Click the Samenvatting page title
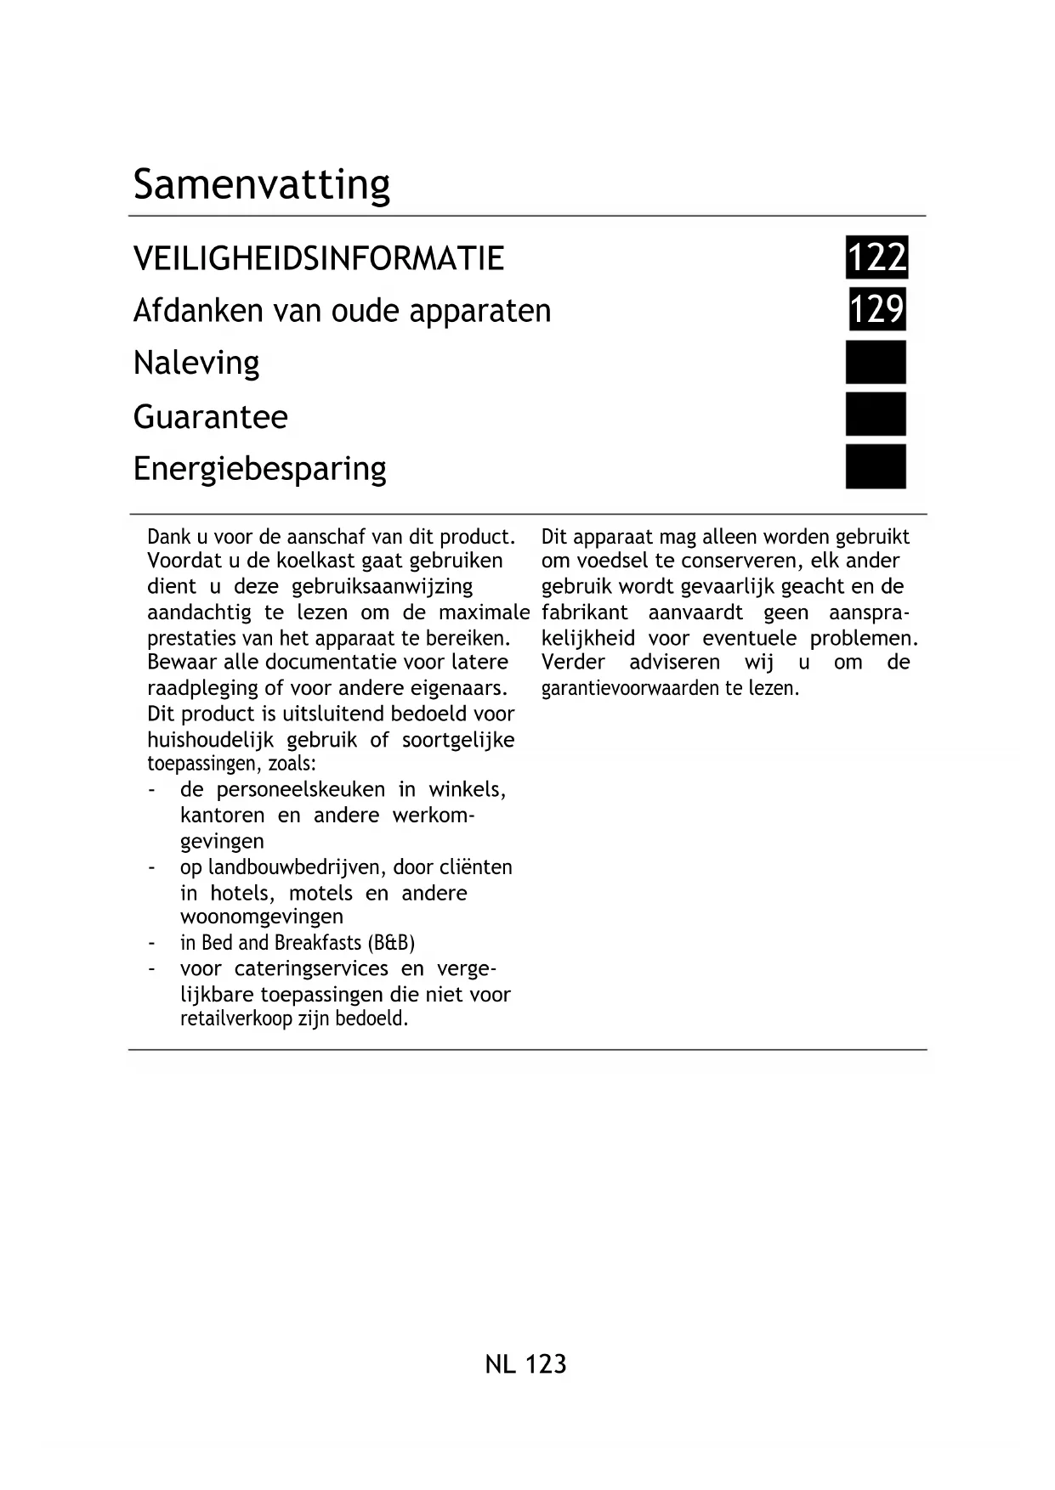[261, 184]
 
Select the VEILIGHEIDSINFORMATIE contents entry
[319, 258]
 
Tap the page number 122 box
[876, 257]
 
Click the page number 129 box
[876, 309]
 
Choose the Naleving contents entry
[196, 364]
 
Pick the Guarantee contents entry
[210, 416]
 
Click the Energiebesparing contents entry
[259, 469]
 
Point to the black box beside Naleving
[876, 363]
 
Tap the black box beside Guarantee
[876, 415]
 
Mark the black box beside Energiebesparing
[876, 466]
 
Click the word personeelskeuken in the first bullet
[300, 790]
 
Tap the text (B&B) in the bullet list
[391, 943]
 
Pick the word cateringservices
[311, 969]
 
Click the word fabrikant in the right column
[584, 612]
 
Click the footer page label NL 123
[525, 1364]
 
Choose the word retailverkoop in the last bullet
[235, 1019]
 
